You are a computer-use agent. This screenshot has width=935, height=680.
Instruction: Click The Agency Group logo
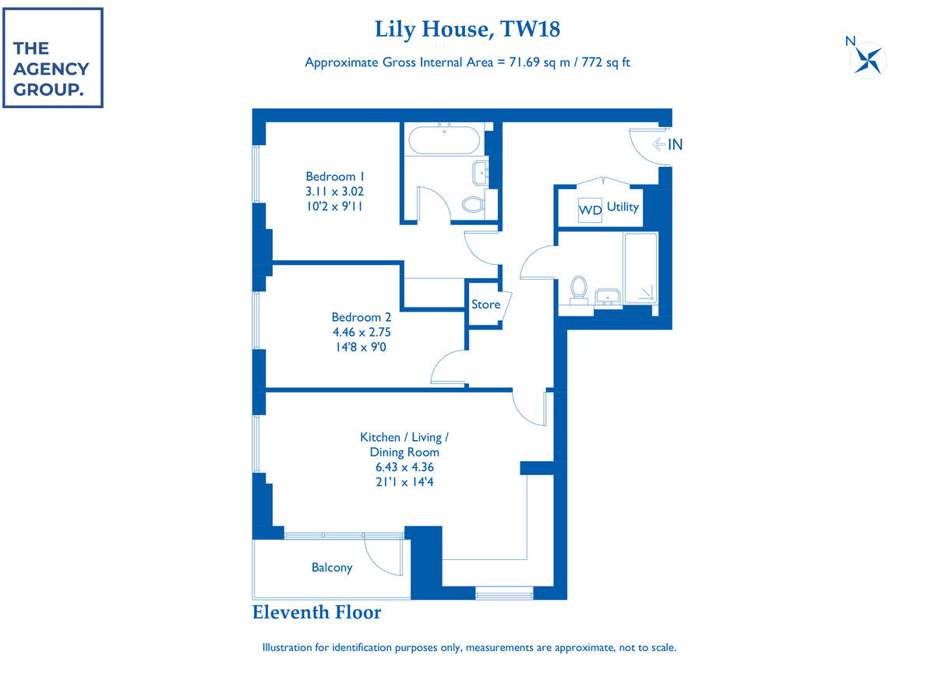point(53,58)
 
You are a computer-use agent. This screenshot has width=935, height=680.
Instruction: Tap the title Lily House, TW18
point(467,29)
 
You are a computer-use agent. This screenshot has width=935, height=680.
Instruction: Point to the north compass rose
point(867,59)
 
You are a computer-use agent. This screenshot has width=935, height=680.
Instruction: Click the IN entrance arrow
point(659,144)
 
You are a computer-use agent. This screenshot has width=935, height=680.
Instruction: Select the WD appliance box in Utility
point(590,210)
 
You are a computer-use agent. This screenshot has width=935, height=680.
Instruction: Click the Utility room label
point(623,207)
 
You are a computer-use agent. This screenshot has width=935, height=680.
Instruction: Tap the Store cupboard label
point(485,304)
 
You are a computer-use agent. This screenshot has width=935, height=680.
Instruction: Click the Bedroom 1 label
point(335,177)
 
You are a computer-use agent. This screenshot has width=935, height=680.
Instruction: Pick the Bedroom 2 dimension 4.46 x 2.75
point(362,332)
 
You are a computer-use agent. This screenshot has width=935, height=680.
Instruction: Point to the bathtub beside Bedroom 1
point(444,139)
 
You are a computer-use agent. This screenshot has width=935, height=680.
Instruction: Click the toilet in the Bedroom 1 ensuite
point(473,204)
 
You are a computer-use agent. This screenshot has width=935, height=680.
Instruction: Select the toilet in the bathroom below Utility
point(578,287)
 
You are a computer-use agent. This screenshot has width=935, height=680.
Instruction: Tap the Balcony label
point(332,567)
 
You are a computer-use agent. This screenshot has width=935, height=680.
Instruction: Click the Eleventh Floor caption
point(316,612)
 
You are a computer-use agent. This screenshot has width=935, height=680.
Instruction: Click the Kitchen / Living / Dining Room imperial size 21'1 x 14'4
point(404,482)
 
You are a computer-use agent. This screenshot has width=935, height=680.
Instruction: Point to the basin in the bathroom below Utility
point(607,297)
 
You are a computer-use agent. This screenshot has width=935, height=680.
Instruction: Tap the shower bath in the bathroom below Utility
point(640,268)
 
